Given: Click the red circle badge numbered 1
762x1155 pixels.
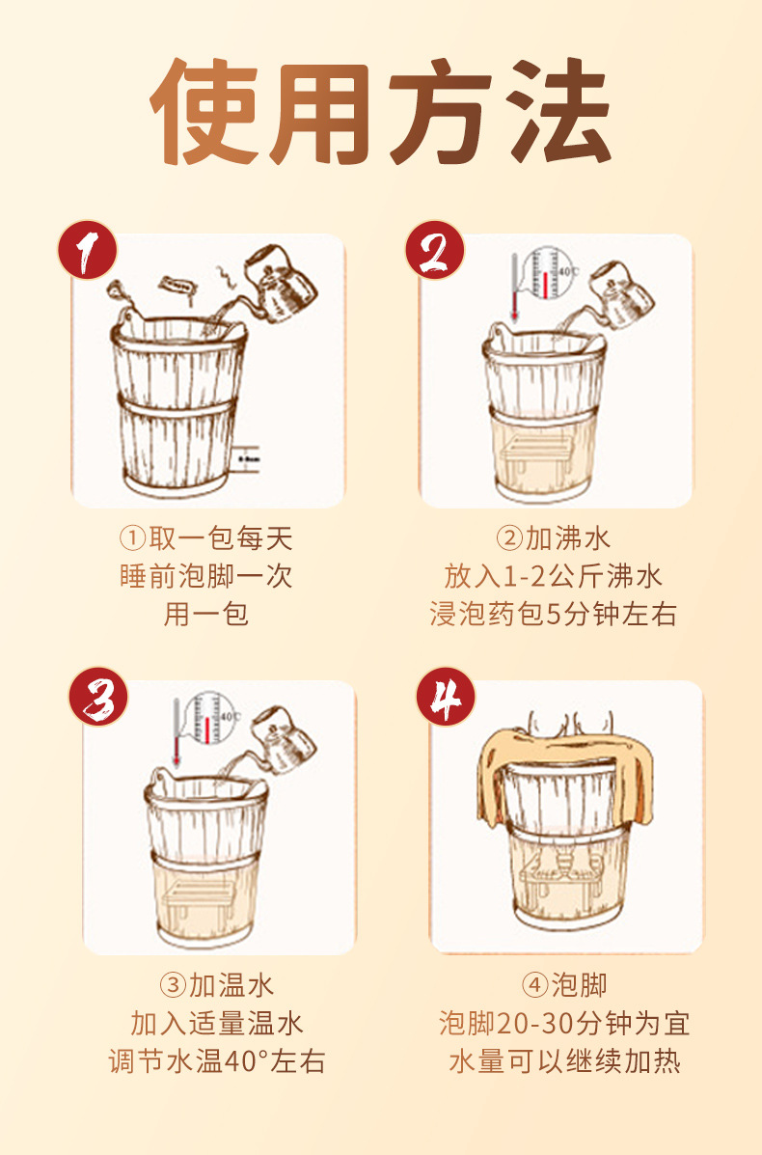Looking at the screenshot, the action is (x=88, y=251).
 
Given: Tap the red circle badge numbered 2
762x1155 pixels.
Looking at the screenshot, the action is (x=435, y=251).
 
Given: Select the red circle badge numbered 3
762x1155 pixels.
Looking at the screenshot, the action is (x=98, y=697).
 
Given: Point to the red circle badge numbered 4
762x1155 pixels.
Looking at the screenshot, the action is (x=447, y=697).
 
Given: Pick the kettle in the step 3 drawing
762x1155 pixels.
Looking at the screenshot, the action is (x=284, y=739).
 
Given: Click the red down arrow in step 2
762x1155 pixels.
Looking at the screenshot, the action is (x=515, y=288).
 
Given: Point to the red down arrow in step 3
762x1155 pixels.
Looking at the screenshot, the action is (x=177, y=733).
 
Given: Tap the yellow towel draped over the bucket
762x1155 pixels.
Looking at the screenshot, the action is (x=565, y=770).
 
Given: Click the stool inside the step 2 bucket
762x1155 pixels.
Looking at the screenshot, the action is (x=536, y=452).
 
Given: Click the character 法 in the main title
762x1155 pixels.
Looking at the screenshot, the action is (x=560, y=111).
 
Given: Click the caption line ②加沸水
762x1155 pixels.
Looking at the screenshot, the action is (x=553, y=538).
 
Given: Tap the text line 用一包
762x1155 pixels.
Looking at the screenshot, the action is (x=206, y=615).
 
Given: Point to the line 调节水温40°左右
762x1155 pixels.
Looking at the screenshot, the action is (x=216, y=1061).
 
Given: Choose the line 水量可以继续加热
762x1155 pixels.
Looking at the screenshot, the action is (x=564, y=1061).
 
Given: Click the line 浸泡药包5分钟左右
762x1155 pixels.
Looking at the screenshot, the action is (x=553, y=615).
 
